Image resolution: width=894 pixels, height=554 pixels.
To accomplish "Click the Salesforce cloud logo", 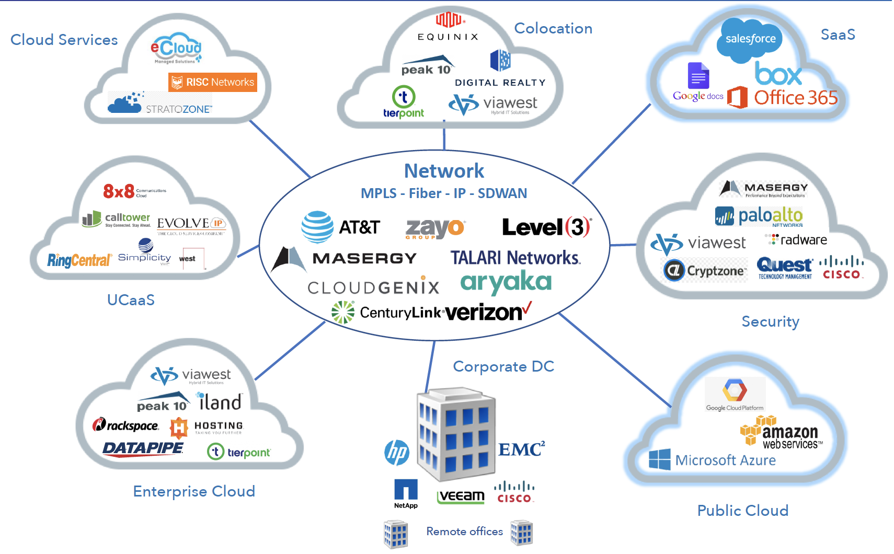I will tap(750, 39).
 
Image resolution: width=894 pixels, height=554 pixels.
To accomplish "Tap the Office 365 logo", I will tap(783, 98).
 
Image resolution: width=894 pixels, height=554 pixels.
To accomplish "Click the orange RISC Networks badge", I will tap(213, 82).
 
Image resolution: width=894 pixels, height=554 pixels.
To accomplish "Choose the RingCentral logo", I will tap(79, 260).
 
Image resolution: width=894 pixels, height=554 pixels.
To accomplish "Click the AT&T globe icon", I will tap(317, 227).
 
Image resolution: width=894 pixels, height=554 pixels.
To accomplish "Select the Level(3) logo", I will tap(546, 227).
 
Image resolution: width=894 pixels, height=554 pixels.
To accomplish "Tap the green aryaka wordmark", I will tap(506, 283).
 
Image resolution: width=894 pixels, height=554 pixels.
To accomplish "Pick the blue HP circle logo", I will tap(397, 452).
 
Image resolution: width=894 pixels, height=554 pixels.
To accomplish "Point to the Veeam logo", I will tap(461, 496).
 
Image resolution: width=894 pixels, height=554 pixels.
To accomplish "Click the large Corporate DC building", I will tap(456, 434).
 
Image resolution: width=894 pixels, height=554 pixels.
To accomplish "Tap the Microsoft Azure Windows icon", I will tap(659, 459).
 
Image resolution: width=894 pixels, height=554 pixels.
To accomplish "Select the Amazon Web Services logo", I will tap(781, 433).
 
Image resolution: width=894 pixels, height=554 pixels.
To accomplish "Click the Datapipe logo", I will tap(143, 449).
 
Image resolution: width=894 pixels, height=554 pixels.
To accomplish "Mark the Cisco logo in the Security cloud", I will tap(841, 268).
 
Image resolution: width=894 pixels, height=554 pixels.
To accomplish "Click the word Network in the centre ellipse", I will tap(444, 171).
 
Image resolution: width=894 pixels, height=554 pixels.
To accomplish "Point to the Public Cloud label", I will tap(742, 511).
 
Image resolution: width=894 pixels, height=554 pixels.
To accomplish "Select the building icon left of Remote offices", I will tap(396, 534).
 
